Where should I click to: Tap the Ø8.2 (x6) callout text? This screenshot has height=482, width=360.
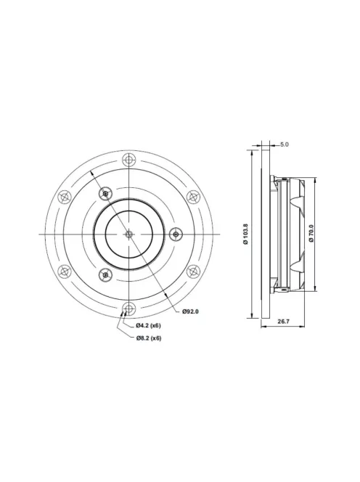tap(148, 338)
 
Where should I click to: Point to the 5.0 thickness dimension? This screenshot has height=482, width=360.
tap(284, 144)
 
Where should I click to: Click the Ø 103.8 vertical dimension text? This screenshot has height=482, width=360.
tap(246, 233)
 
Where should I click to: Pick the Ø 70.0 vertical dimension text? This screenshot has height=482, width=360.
tap(311, 233)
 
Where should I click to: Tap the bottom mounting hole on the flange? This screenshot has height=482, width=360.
tap(128, 308)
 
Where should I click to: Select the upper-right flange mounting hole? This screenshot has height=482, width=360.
tap(193, 196)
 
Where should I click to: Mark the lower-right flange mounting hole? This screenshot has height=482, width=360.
tap(193, 271)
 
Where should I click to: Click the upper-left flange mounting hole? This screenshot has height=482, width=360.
tap(64, 196)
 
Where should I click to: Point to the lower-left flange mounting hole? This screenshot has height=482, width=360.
tap(64, 271)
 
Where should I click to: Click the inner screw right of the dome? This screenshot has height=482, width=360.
tap(176, 234)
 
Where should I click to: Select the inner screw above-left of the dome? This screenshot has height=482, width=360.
tap(106, 193)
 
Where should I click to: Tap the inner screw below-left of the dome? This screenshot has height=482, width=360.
tap(106, 274)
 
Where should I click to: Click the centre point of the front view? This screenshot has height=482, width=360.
tap(128, 234)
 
